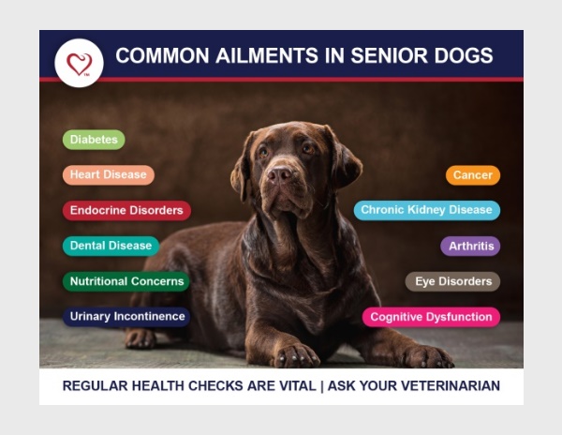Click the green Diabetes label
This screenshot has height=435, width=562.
click(x=94, y=140)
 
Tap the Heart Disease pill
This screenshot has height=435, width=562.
click(x=109, y=175)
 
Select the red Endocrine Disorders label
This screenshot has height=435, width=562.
click(x=126, y=211)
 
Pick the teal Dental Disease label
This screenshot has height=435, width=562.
click(x=111, y=246)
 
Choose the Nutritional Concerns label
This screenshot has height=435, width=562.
click(x=126, y=281)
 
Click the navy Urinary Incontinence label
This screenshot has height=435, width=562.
click(x=126, y=317)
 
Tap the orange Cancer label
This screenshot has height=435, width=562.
click(x=473, y=175)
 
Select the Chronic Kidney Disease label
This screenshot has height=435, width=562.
click(x=427, y=211)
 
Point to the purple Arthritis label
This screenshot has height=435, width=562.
click(x=470, y=246)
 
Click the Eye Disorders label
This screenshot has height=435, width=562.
click(x=452, y=281)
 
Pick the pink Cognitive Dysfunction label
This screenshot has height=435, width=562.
click(x=431, y=317)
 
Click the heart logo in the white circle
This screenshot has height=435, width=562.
click(x=80, y=64)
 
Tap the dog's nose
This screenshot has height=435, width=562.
click(x=279, y=174)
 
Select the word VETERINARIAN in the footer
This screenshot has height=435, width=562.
click(x=451, y=386)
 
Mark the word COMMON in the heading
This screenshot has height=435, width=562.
click(x=162, y=55)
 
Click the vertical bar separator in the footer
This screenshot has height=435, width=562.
click(x=322, y=386)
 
